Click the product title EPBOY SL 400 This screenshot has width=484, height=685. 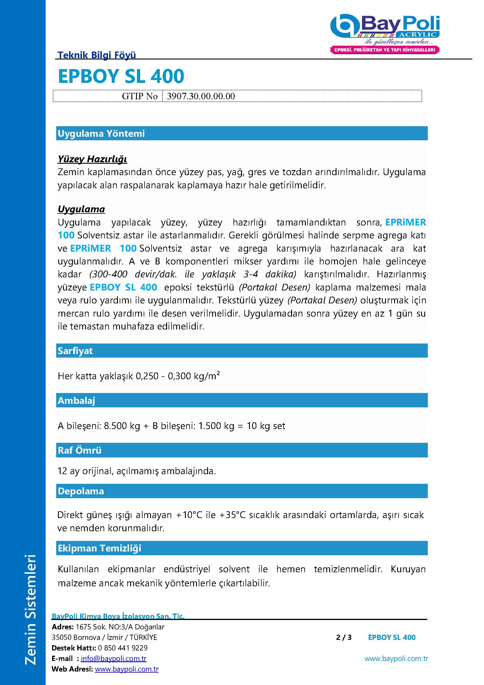[121, 76]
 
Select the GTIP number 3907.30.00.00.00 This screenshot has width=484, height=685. [201, 96]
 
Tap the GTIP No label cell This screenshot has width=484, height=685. [140, 96]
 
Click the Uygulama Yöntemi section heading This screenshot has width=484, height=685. [101, 133]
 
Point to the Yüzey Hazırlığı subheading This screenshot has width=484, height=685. [92, 159]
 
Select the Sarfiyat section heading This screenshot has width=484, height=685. [75, 351]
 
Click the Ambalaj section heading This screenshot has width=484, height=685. [76, 400]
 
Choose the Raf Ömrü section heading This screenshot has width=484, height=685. [80, 450]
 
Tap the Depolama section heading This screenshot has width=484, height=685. [81, 491]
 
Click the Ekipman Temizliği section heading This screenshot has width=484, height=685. [99, 548]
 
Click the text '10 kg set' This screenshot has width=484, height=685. [266, 426]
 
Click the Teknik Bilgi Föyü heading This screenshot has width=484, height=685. [97, 55]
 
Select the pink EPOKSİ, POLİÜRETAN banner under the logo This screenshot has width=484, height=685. [385, 50]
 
